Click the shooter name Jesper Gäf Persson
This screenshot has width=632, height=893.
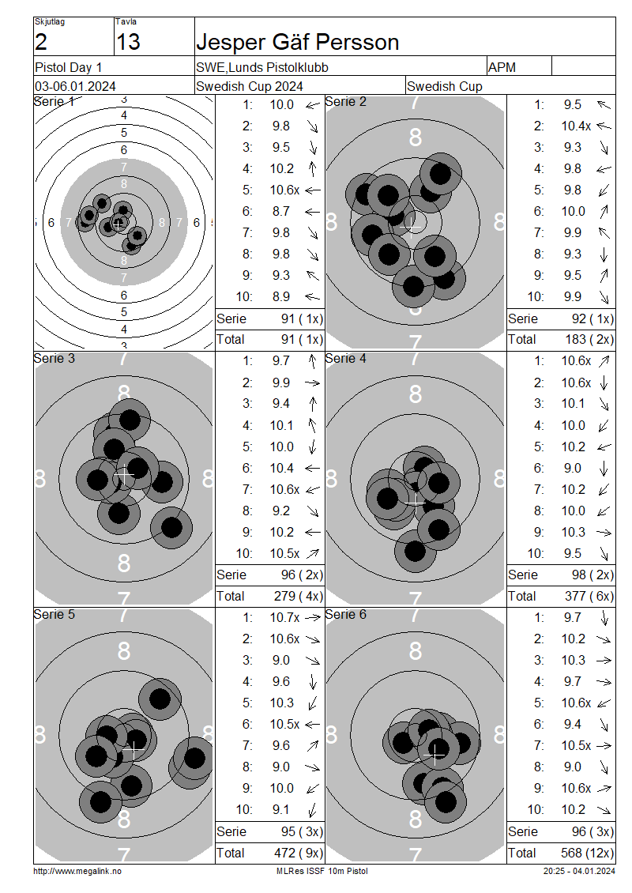[297, 42]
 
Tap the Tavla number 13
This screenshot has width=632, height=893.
[127, 42]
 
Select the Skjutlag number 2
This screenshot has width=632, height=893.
[40, 42]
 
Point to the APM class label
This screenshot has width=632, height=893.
[502, 67]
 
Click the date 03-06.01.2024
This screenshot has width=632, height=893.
[75, 87]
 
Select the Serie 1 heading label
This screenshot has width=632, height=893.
[54, 101]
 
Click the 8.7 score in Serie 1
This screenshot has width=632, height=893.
[280, 211]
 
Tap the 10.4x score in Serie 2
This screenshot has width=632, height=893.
[576, 126]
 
